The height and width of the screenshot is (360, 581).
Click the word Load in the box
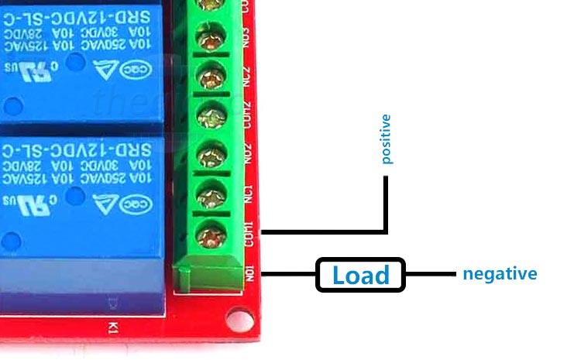tap(360, 275)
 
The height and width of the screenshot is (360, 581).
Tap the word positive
tap(387, 139)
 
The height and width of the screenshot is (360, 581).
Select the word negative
tap(500, 273)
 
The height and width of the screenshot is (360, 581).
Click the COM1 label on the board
tap(249, 234)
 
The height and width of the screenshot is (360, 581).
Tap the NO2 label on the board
tap(249, 153)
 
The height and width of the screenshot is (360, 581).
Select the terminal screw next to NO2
tap(210, 153)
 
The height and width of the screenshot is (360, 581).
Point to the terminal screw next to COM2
tap(210, 116)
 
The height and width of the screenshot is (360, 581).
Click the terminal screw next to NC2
tap(210, 76)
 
